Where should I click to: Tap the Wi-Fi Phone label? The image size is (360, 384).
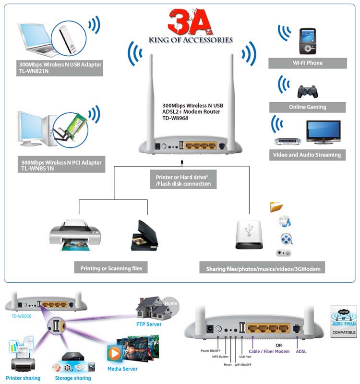(x=308, y=63)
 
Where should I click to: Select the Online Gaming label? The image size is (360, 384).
(x=308, y=107)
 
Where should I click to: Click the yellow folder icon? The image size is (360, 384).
(x=277, y=206)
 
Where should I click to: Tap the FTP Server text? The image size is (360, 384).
(x=148, y=324)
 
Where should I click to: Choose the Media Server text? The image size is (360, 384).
(x=122, y=369)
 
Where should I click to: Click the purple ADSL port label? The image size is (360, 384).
(x=301, y=351)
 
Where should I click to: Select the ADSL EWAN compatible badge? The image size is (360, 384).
(x=344, y=320)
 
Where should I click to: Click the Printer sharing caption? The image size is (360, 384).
(x=22, y=378)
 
